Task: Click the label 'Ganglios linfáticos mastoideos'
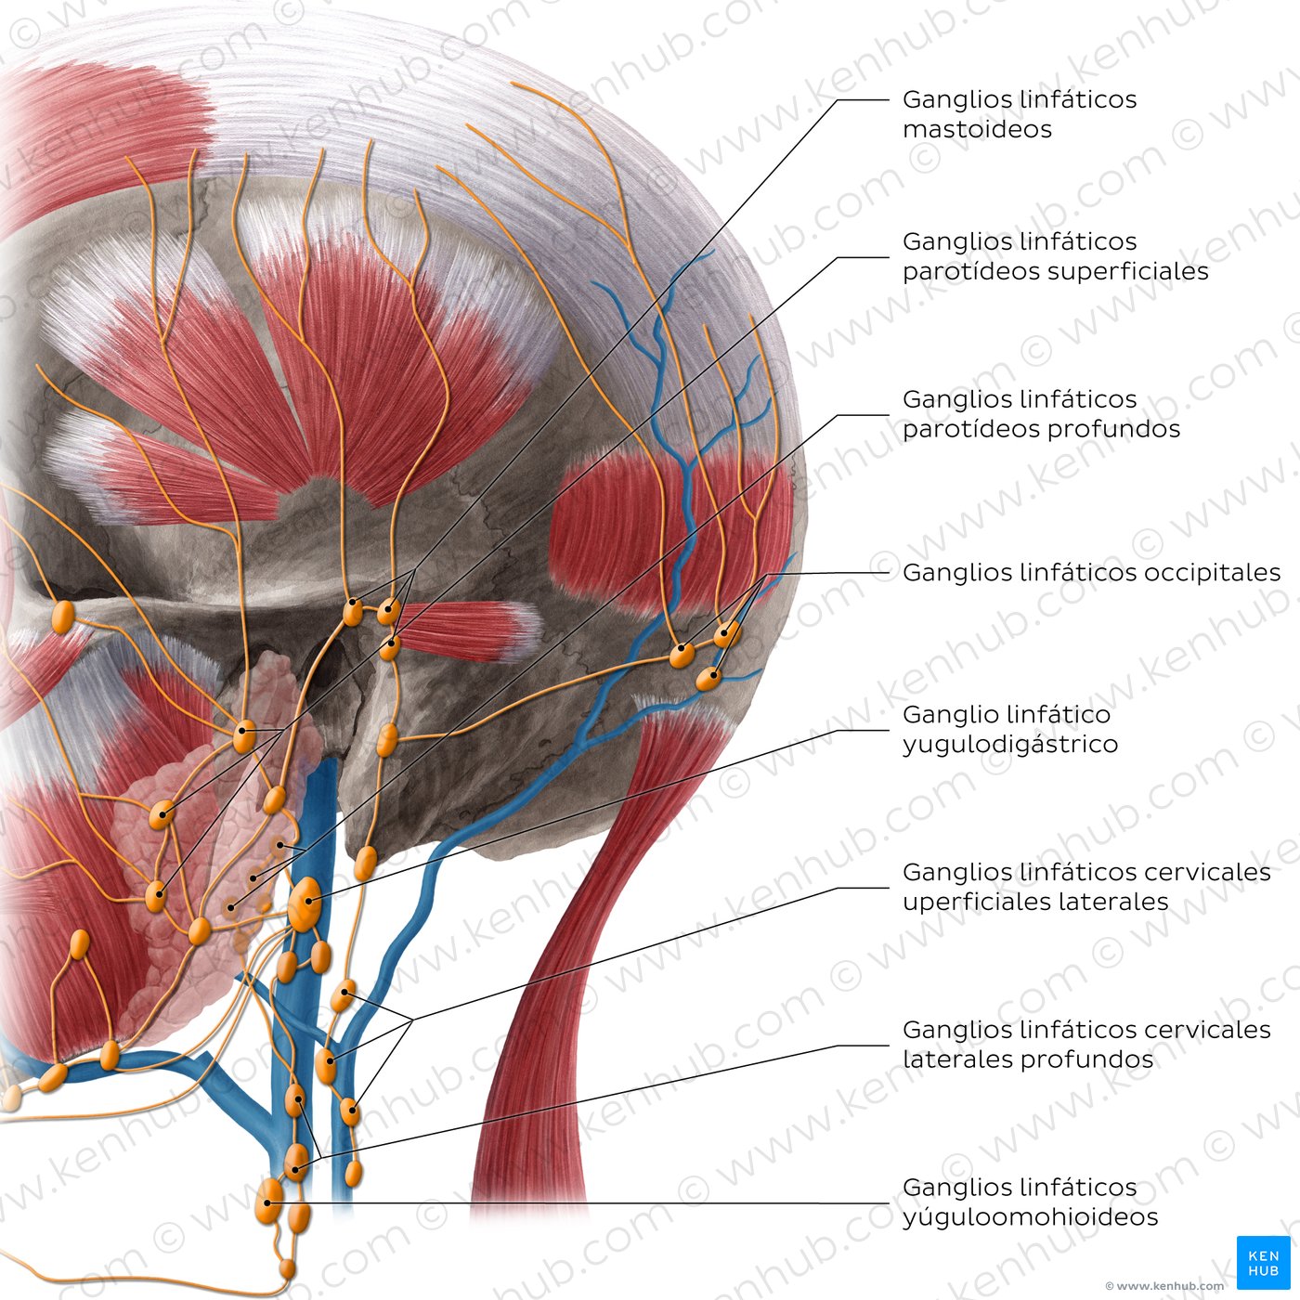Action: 1019,114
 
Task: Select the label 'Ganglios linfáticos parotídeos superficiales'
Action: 1055,256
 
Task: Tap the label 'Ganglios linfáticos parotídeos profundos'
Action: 1041,414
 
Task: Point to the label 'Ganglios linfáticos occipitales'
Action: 1091,573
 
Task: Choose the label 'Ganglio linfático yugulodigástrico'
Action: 1009,729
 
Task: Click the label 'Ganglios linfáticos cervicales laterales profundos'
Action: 1086,1045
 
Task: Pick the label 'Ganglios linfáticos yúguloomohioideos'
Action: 1030,1202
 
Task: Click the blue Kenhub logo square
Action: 1263,1262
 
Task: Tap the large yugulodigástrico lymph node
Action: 304,904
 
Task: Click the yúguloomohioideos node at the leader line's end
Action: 268,1202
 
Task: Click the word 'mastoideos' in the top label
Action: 977,129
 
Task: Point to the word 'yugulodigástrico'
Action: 1009,745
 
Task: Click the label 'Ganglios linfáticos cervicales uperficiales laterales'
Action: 1086,887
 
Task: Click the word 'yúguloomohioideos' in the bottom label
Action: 1030,1217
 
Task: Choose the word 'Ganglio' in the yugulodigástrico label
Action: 944,715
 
